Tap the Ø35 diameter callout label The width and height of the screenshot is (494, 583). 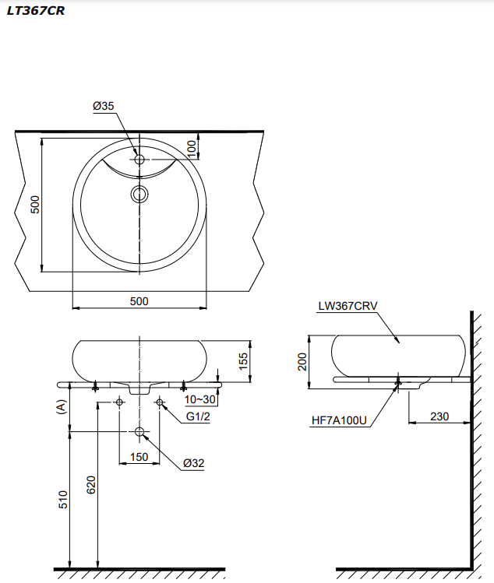coord(103,106)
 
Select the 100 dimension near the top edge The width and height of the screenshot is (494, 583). coord(192,146)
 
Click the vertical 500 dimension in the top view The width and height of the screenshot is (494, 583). coord(34,204)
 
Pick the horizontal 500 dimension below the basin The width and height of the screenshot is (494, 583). coord(139,300)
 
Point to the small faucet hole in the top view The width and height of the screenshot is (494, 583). coord(139,160)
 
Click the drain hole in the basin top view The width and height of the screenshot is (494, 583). coord(139,194)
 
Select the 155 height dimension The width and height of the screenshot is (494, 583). coord(242,360)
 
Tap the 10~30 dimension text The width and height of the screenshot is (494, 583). coord(200,399)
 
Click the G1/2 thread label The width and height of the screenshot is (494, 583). coord(198,416)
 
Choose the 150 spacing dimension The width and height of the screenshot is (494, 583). coord(139,456)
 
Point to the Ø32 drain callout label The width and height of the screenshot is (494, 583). coord(193,464)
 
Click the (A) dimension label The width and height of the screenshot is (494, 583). coord(60,408)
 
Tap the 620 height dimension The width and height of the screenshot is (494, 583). coord(90,485)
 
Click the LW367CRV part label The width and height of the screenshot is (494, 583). coord(348,306)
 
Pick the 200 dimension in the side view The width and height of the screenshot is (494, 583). coord(302,362)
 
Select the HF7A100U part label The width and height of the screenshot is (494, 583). coord(339,420)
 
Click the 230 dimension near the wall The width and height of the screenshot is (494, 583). coord(439,416)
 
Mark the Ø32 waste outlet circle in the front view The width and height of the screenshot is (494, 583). coord(139,432)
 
